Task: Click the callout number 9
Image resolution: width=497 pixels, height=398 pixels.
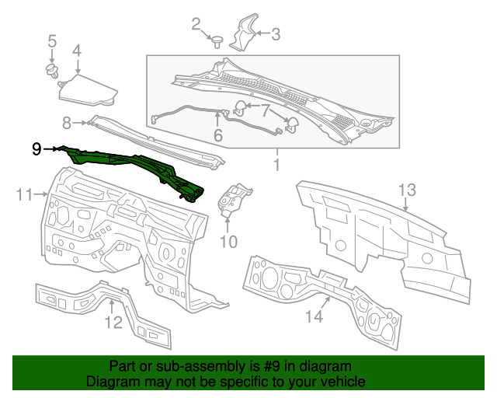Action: (x=36, y=148)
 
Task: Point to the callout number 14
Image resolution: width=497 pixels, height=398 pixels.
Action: (x=313, y=316)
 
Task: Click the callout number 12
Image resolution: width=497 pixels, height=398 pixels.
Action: (x=113, y=321)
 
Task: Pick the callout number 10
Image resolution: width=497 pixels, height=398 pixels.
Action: (x=228, y=242)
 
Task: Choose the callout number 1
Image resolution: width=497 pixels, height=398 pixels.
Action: (x=276, y=165)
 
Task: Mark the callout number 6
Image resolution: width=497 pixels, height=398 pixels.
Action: (x=218, y=135)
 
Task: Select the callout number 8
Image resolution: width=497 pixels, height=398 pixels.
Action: (x=68, y=122)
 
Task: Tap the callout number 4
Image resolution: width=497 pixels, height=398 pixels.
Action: (x=77, y=51)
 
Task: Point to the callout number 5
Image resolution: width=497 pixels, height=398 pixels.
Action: (x=52, y=40)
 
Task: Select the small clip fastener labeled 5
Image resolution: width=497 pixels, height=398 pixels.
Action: (x=53, y=72)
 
